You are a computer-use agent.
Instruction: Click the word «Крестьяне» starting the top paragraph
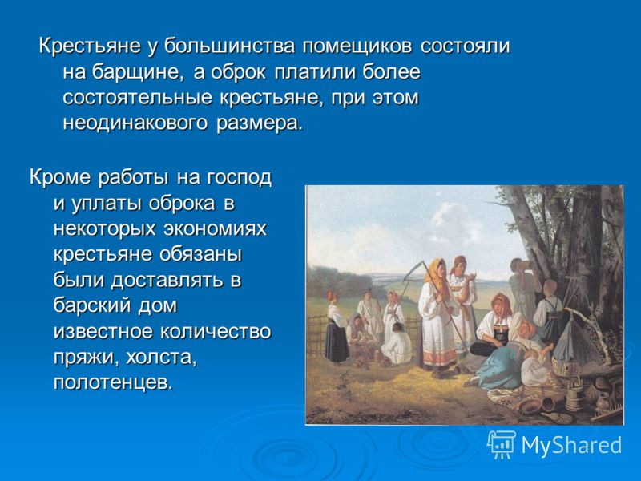pyautogui.click(x=90, y=46)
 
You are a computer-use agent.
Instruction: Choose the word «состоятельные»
pyautogui.click(x=138, y=98)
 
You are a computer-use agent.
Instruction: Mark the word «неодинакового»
pyautogui.click(x=135, y=123)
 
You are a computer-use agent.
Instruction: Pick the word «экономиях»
pyautogui.click(x=216, y=229)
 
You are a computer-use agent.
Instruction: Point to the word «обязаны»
pyautogui.click(x=201, y=255)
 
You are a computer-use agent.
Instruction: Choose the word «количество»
pyautogui.click(x=215, y=331)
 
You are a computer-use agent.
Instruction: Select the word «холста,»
pyautogui.click(x=161, y=358)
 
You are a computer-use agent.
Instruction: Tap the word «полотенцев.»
pyautogui.click(x=111, y=383)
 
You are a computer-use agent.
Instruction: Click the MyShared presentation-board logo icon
pyautogui.click(x=502, y=444)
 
